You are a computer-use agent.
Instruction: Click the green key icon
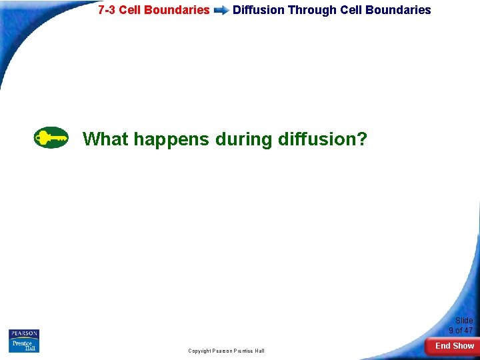(51, 137)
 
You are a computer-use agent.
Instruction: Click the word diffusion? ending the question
(322, 139)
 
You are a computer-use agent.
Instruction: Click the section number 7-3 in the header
(107, 10)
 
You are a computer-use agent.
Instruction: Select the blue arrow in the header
(221, 11)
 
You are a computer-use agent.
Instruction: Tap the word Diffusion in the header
(258, 10)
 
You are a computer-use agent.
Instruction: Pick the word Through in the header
(312, 10)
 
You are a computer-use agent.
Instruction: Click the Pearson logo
(24, 334)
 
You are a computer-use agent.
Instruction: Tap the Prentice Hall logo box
(24, 346)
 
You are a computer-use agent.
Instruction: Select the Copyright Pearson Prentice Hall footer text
(226, 351)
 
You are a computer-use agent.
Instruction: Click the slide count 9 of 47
(461, 330)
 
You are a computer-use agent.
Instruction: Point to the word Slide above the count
(464, 321)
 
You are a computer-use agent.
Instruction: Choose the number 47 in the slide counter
(468, 330)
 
